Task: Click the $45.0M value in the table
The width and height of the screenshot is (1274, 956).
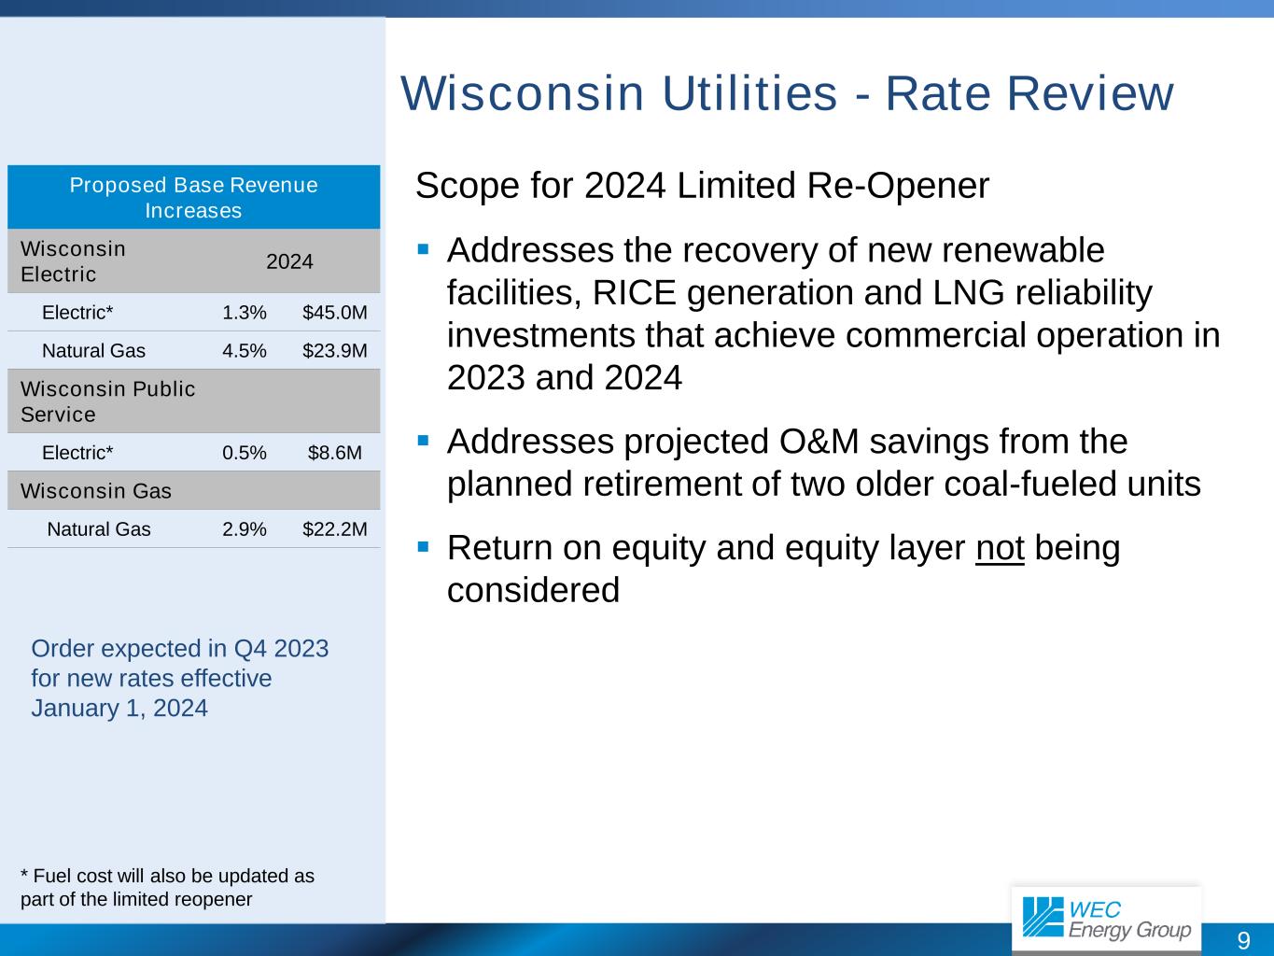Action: pos(335,312)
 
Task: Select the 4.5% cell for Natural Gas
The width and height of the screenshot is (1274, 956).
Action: pos(245,351)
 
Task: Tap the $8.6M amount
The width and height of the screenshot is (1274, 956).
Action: pos(335,452)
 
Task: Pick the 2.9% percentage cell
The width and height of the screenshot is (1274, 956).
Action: pos(245,528)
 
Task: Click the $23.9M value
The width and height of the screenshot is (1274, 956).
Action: pos(335,351)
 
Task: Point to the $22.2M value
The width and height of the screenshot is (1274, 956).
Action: pos(335,528)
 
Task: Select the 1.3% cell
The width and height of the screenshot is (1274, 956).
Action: pos(245,312)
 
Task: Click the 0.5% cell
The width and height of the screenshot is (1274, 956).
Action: pos(245,452)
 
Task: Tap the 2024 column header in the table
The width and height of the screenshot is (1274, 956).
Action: pos(289,261)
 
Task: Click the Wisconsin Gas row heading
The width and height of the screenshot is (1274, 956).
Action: pos(96,491)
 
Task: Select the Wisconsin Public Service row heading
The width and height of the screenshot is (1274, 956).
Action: pos(108,401)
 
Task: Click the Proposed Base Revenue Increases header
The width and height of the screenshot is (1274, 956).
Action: pos(194,197)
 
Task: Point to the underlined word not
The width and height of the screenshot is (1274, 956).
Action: pos(1000,548)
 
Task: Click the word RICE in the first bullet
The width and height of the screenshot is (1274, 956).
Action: pos(635,292)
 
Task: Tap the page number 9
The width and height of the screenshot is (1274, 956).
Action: pos(1243,940)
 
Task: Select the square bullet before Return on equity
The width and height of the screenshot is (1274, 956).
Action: pos(423,547)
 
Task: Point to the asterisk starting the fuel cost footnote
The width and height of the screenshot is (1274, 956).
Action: pos(24,872)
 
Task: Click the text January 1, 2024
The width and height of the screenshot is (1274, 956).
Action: pos(119,709)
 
